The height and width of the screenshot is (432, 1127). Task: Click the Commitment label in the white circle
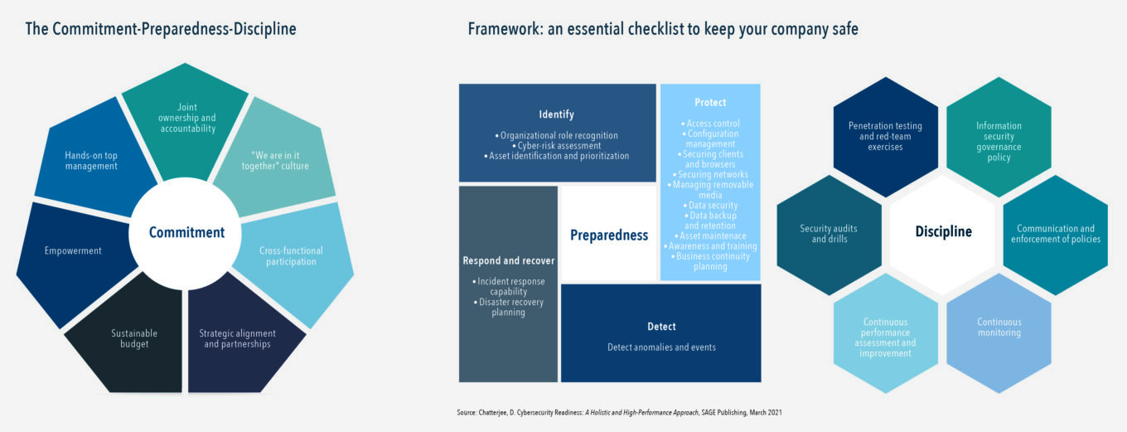(x=186, y=233)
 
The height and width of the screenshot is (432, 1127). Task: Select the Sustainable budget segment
(x=134, y=338)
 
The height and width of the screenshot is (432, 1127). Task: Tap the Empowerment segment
(x=72, y=250)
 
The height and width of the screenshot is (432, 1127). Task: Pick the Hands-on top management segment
(x=91, y=160)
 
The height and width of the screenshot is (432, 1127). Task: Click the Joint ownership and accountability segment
(x=185, y=118)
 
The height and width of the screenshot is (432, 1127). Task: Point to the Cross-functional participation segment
(x=291, y=256)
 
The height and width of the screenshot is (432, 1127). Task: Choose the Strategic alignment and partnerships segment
(x=237, y=338)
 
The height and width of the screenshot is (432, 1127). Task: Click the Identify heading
(x=556, y=114)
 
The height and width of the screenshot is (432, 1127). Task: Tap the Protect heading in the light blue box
(x=710, y=103)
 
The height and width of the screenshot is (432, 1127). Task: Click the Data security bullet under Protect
(x=710, y=205)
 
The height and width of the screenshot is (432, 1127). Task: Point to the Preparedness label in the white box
(x=609, y=235)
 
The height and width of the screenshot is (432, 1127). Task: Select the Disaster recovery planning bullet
(x=509, y=307)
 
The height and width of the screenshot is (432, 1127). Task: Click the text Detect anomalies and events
(x=661, y=347)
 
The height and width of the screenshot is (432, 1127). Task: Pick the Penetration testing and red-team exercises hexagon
(x=885, y=136)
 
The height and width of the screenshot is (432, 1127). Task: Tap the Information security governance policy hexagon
(x=999, y=142)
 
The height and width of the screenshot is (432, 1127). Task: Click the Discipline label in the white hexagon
(x=943, y=232)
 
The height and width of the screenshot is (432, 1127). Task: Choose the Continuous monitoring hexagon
(x=999, y=327)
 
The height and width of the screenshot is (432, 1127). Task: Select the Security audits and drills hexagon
(x=829, y=234)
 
